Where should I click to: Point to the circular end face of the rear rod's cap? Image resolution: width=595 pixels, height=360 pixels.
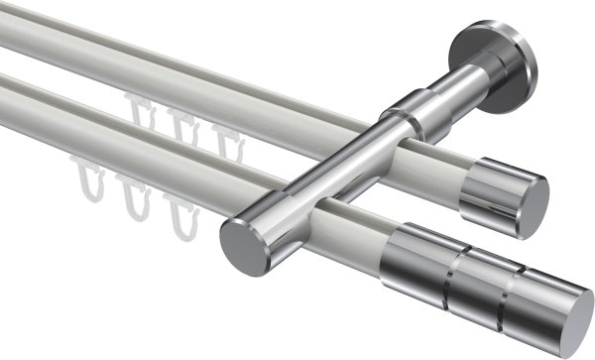pos(535,198)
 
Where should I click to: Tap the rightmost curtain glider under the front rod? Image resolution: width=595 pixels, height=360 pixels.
pos(179,214)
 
